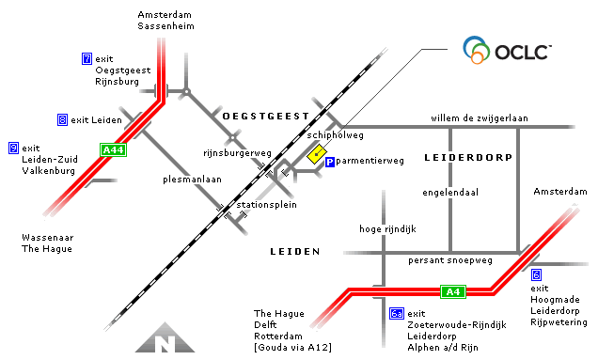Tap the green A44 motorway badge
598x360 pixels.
click(113, 149)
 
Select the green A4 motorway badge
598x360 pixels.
click(453, 291)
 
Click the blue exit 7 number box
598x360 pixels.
click(87, 59)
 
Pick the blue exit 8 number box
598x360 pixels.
click(62, 119)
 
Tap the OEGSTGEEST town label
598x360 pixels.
click(266, 115)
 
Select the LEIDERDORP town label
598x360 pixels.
click(467, 157)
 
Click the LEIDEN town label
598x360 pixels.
click(294, 252)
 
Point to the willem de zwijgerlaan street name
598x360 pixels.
click(479, 118)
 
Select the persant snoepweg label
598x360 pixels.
click(449, 259)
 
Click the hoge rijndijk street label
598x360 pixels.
click(387, 228)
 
